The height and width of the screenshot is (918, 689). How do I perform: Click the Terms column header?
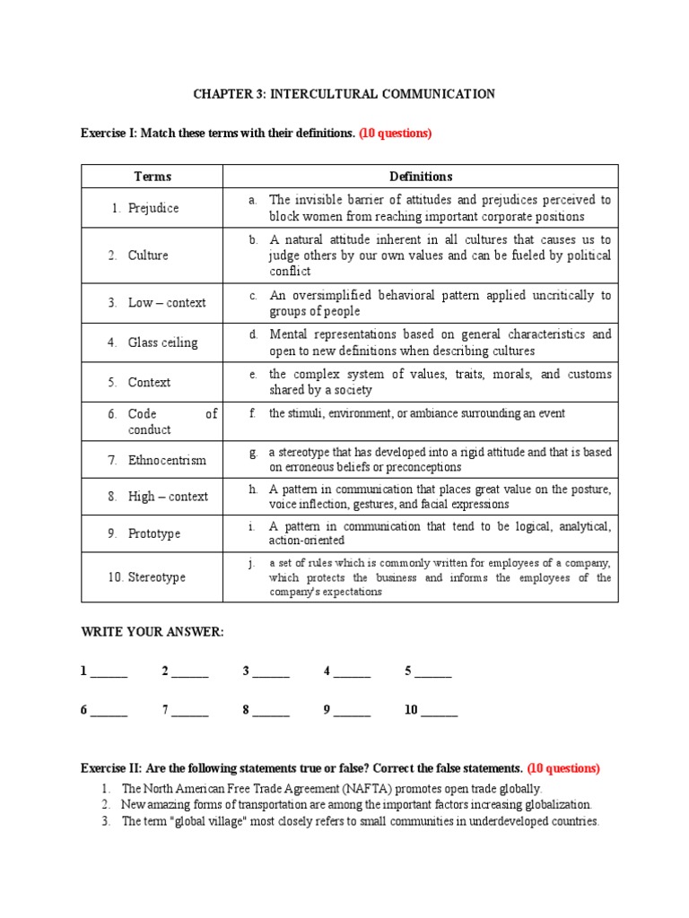click(x=153, y=177)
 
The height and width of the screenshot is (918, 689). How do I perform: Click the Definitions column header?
click(x=421, y=177)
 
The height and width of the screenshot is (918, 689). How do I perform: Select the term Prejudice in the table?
click(x=153, y=208)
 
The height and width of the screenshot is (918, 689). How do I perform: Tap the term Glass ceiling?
click(x=162, y=342)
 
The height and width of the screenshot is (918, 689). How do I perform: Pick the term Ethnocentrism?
click(x=167, y=460)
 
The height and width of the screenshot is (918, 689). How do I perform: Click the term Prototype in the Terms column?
click(x=154, y=533)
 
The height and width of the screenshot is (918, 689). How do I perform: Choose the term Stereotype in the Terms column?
click(x=157, y=577)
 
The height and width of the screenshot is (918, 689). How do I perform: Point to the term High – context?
click(x=168, y=497)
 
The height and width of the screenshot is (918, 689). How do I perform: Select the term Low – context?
click(x=167, y=303)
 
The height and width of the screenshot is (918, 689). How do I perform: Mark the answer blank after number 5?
click(x=432, y=672)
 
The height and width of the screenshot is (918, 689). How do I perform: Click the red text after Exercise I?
click(x=396, y=134)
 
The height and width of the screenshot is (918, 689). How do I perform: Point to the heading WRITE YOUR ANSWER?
click(x=152, y=632)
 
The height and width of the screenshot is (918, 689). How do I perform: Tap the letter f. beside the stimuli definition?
click(x=254, y=414)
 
